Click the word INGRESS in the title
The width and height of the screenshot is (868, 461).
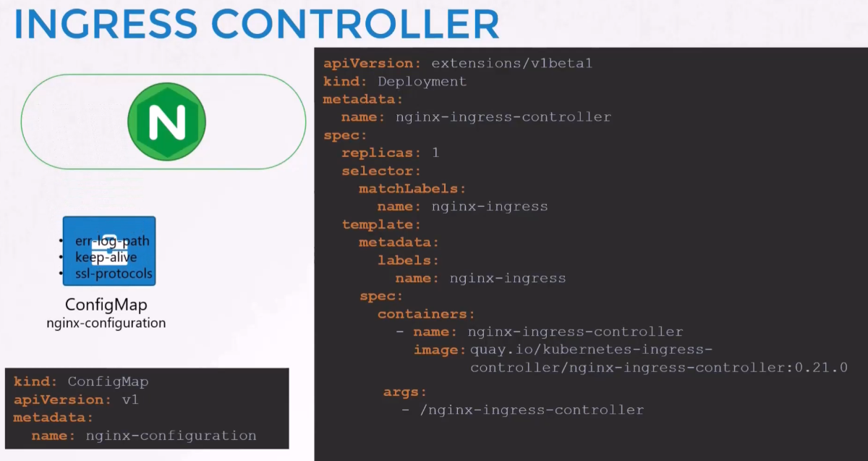[106, 24]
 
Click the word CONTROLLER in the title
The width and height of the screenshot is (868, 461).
[355, 24]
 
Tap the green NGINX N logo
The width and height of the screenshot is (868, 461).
[166, 122]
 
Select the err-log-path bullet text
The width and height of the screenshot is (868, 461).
[112, 241]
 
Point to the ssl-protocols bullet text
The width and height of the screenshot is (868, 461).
[114, 274]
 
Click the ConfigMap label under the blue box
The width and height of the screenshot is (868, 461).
[106, 305]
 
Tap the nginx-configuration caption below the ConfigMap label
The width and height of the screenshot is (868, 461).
[106, 323]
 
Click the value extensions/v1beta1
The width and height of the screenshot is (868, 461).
[512, 63]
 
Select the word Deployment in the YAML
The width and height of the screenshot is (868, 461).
[422, 82]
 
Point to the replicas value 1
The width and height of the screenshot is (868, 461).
[436, 153]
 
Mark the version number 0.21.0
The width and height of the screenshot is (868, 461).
[822, 367]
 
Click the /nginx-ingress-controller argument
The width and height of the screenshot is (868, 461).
[532, 410]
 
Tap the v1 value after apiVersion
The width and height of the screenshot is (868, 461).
[131, 399]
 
